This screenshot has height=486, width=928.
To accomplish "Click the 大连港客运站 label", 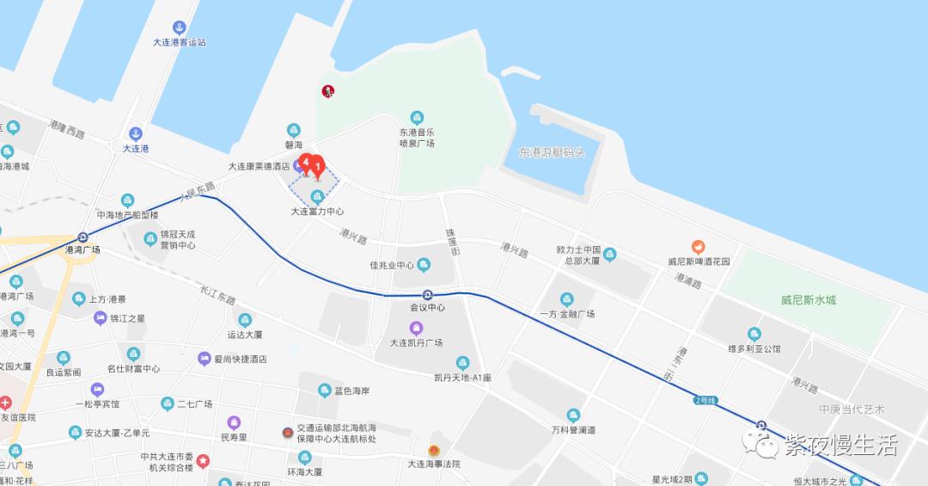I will (179, 42).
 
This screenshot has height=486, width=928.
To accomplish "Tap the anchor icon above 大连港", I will (135, 133).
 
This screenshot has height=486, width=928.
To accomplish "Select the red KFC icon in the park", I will (327, 91).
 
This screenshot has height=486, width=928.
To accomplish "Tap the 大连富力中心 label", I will (317, 212).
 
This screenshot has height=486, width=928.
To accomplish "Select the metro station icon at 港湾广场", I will (82, 237).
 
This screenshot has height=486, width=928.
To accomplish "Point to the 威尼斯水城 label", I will (808, 300).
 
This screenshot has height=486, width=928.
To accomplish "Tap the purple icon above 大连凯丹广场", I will (416, 328).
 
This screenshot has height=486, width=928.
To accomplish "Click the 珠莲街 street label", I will (451, 241).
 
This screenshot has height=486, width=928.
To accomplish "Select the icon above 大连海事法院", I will (434, 450).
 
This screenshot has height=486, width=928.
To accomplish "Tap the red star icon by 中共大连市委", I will (202, 460).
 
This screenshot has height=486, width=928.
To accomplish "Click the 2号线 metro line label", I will (705, 401).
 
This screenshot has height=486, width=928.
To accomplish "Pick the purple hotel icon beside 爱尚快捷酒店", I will (204, 359).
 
